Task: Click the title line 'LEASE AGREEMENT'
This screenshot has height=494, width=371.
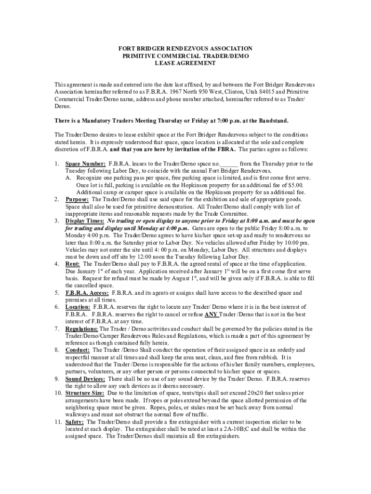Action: [185, 63]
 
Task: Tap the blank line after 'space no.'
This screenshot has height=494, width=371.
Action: [229, 164]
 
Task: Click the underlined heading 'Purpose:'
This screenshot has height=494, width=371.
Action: [78, 199]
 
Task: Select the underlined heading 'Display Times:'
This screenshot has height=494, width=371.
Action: [85, 221]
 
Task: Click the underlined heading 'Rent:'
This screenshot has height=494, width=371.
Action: [73, 264]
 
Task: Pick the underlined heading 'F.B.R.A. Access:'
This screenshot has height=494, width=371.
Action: [87, 293]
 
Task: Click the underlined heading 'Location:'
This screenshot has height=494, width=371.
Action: [78, 307]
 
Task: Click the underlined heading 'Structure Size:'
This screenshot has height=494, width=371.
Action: [84, 393]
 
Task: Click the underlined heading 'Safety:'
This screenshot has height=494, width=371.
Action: [74, 422]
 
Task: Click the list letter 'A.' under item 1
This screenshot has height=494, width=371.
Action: [69, 178]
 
